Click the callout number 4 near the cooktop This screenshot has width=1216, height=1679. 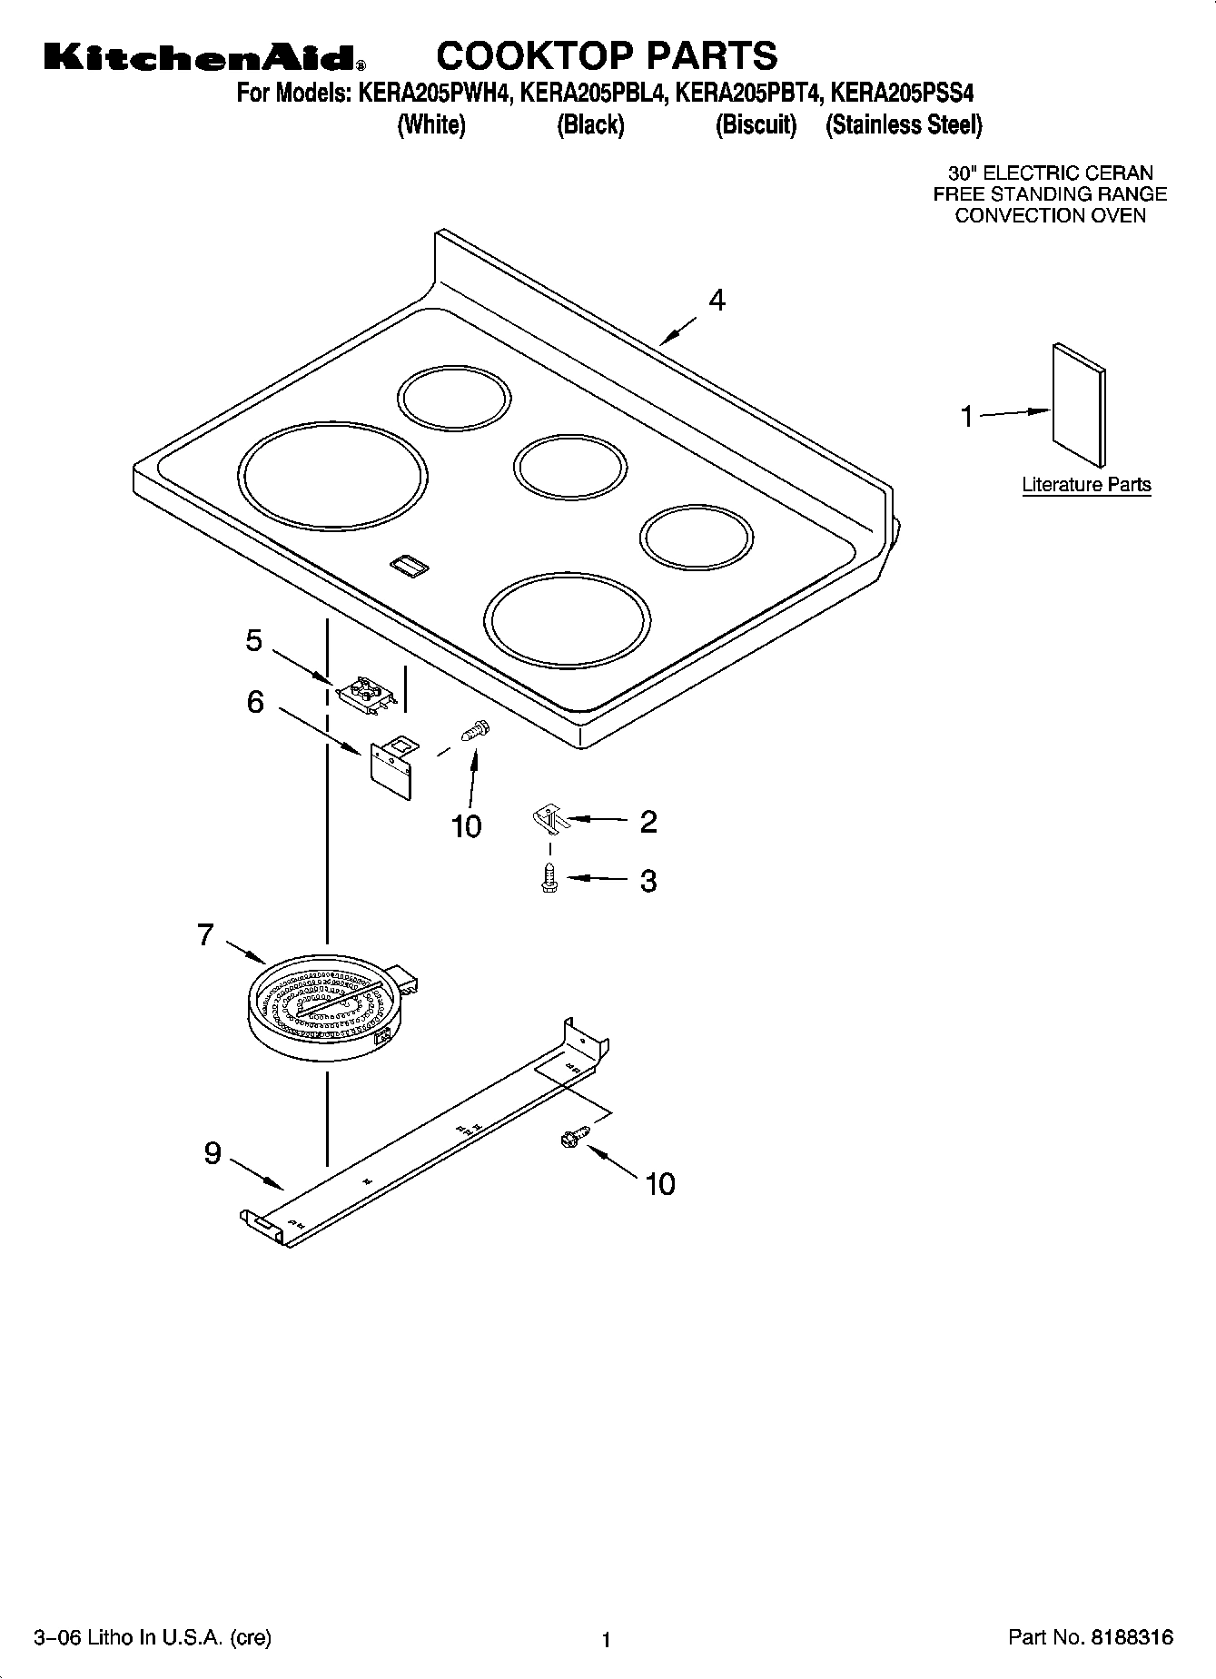click(x=717, y=301)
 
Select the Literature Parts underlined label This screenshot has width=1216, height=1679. click(x=1086, y=485)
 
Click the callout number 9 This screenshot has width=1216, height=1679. click(x=213, y=1153)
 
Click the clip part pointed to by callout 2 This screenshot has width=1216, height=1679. click(x=549, y=820)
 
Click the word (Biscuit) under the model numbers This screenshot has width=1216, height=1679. click(x=756, y=125)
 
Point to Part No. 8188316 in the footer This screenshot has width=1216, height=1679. click(x=1091, y=1637)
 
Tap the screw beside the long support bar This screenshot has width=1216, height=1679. click(x=575, y=1136)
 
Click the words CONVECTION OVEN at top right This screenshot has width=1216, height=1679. click(x=1050, y=216)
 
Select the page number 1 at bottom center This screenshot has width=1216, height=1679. click(x=606, y=1639)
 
